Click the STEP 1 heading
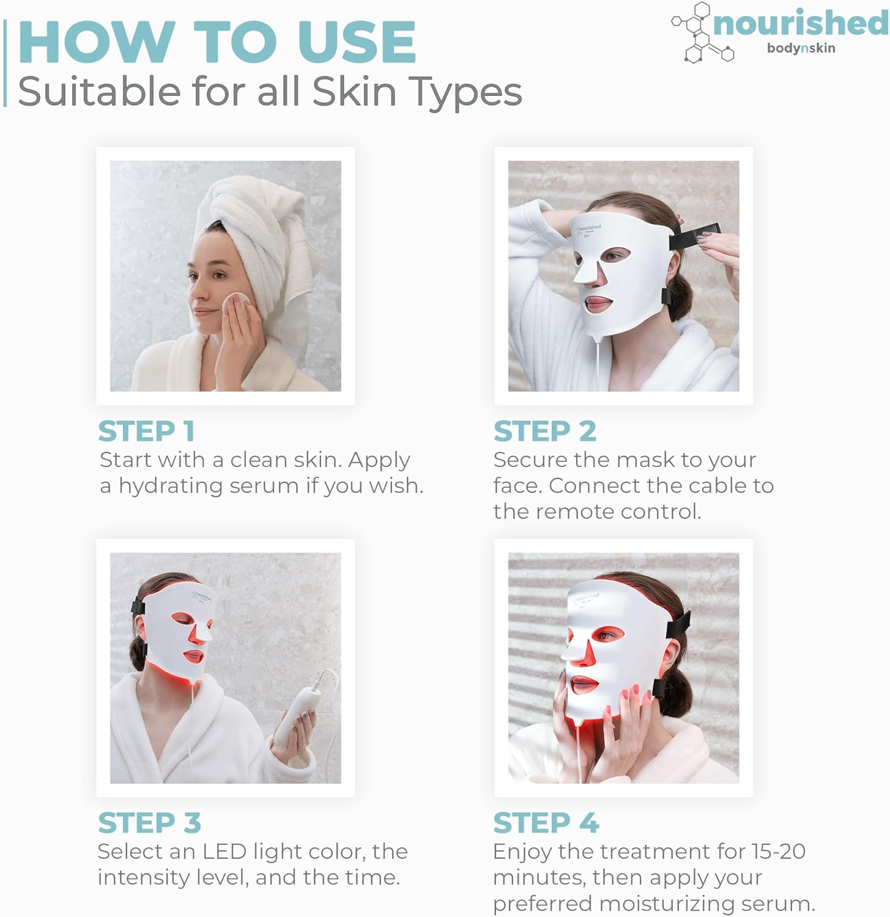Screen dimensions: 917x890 pos(146,431)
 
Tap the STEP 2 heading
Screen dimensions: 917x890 pos(544,431)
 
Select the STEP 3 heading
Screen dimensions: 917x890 pos(149,823)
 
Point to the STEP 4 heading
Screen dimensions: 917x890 pos(546,823)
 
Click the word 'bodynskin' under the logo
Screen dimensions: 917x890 pos(801,48)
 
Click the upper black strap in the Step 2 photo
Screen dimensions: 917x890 pos(694,236)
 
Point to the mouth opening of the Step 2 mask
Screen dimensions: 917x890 pos(598,302)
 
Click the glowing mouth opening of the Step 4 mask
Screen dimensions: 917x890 pos(584,683)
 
